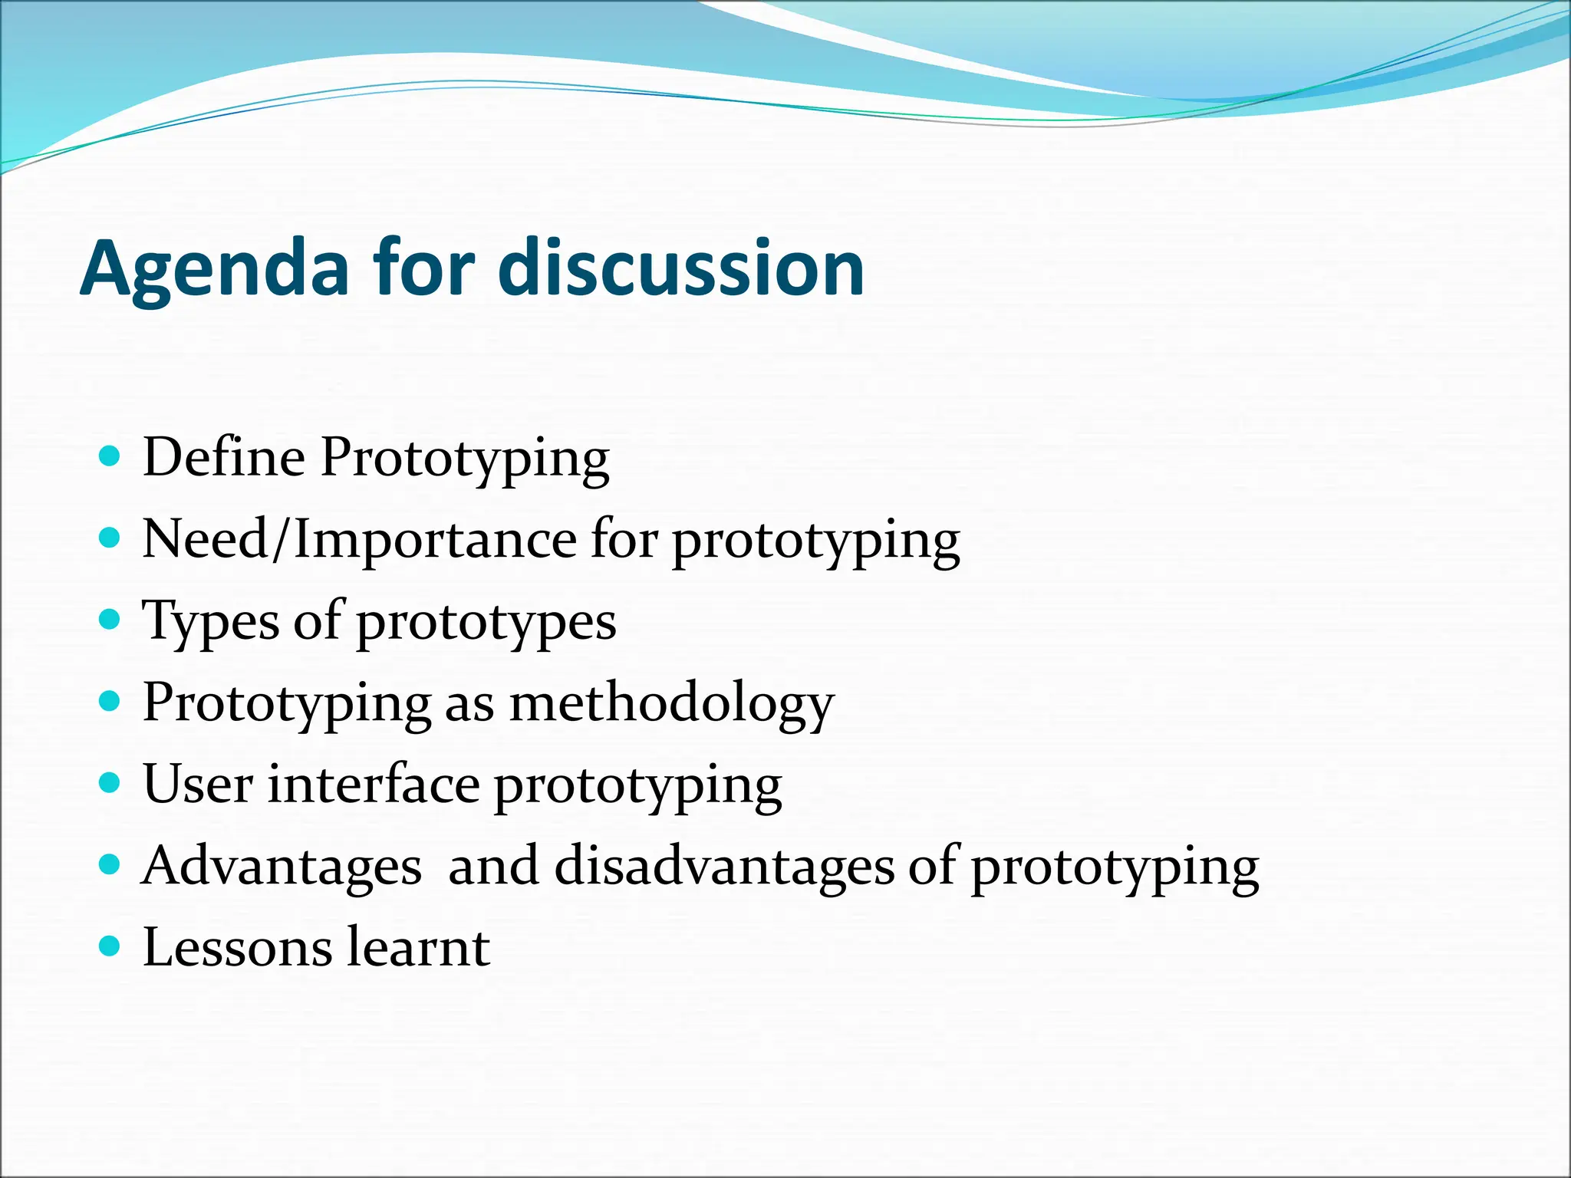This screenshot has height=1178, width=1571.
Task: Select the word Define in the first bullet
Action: tap(224, 457)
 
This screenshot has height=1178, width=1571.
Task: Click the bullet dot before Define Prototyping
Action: tap(110, 457)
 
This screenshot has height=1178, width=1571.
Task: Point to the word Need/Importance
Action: tap(358, 539)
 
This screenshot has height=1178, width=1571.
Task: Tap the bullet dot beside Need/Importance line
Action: tap(110, 538)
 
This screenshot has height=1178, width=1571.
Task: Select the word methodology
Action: tap(671, 704)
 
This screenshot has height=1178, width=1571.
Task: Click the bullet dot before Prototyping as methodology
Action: tap(110, 701)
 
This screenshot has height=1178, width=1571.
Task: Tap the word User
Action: tap(198, 785)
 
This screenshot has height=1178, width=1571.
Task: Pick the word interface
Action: tap(373, 785)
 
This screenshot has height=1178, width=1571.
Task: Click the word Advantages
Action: tap(282, 867)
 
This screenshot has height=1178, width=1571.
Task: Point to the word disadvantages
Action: tap(724, 867)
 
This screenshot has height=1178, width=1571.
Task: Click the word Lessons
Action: tap(237, 948)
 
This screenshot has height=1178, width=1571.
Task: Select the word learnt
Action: tap(418, 948)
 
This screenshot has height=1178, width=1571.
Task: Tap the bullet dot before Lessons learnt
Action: tap(110, 946)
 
